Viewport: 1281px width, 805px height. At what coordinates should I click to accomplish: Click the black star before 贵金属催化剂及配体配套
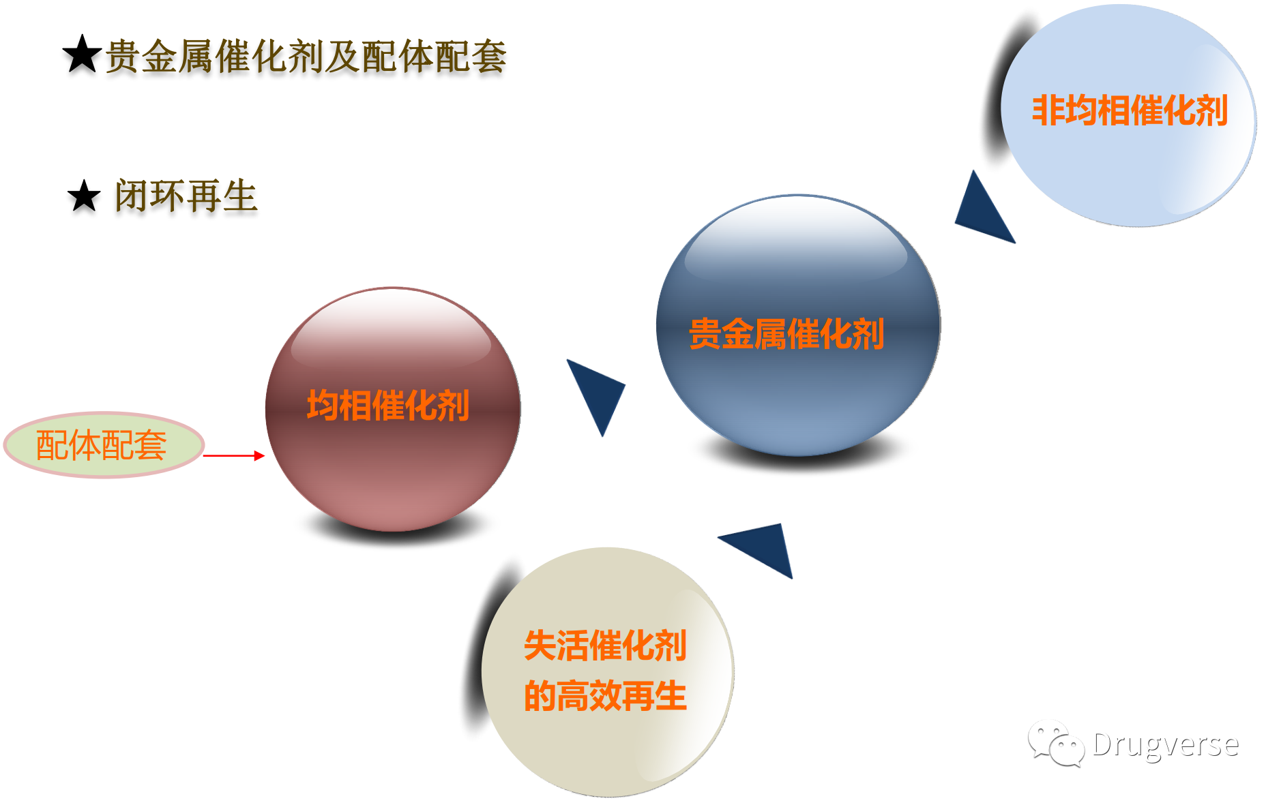pyautogui.click(x=83, y=54)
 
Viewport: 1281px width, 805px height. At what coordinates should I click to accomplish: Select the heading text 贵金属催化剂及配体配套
pyautogui.click(x=306, y=56)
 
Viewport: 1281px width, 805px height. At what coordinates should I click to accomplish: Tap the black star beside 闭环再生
pyautogui.click(x=84, y=196)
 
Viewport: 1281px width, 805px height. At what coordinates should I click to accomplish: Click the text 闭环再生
pyautogui.click(x=186, y=196)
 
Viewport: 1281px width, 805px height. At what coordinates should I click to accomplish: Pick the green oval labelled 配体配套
pyautogui.click(x=104, y=445)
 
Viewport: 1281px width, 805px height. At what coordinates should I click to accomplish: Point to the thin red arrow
pyautogui.click(x=234, y=455)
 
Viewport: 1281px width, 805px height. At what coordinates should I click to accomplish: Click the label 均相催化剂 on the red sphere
pyautogui.click(x=388, y=406)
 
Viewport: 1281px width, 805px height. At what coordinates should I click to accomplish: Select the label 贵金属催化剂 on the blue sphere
pyautogui.click(x=786, y=334)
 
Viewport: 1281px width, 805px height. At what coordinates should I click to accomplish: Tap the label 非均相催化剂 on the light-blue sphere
pyautogui.click(x=1130, y=110)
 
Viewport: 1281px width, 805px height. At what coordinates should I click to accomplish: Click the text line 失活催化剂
pyautogui.click(x=605, y=645)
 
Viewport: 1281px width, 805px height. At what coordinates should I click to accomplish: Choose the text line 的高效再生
pyautogui.click(x=605, y=696)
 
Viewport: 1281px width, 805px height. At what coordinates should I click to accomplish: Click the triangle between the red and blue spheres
pyautogui.click(x=597, y=393)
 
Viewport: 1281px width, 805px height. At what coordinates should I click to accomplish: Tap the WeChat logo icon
pyautogui.click(x=1056, y=744)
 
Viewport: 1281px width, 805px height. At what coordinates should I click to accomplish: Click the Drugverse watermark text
pyautogui.click(x=1166, y=744)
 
